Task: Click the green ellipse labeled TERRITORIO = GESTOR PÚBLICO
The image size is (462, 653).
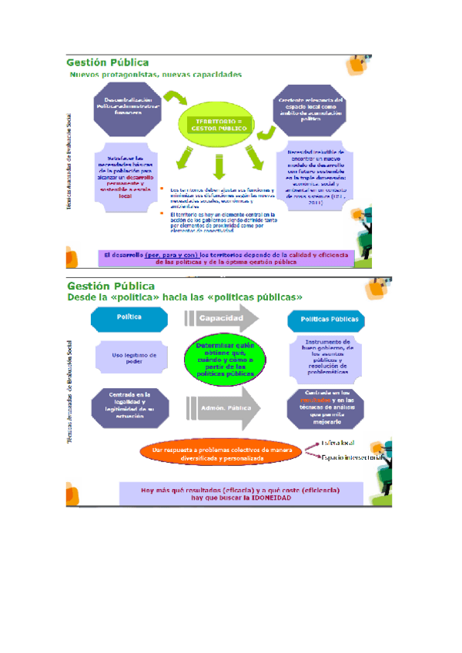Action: pos(219,125)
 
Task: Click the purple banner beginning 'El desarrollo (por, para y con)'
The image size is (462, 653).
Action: pos(226,257)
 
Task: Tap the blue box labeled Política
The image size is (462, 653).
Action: pos(127,317)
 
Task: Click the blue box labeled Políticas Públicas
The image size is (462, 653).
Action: pos(322,318)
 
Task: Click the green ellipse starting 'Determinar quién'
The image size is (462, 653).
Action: pos(225,360)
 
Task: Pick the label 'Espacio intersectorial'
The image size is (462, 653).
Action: pos(350,457)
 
